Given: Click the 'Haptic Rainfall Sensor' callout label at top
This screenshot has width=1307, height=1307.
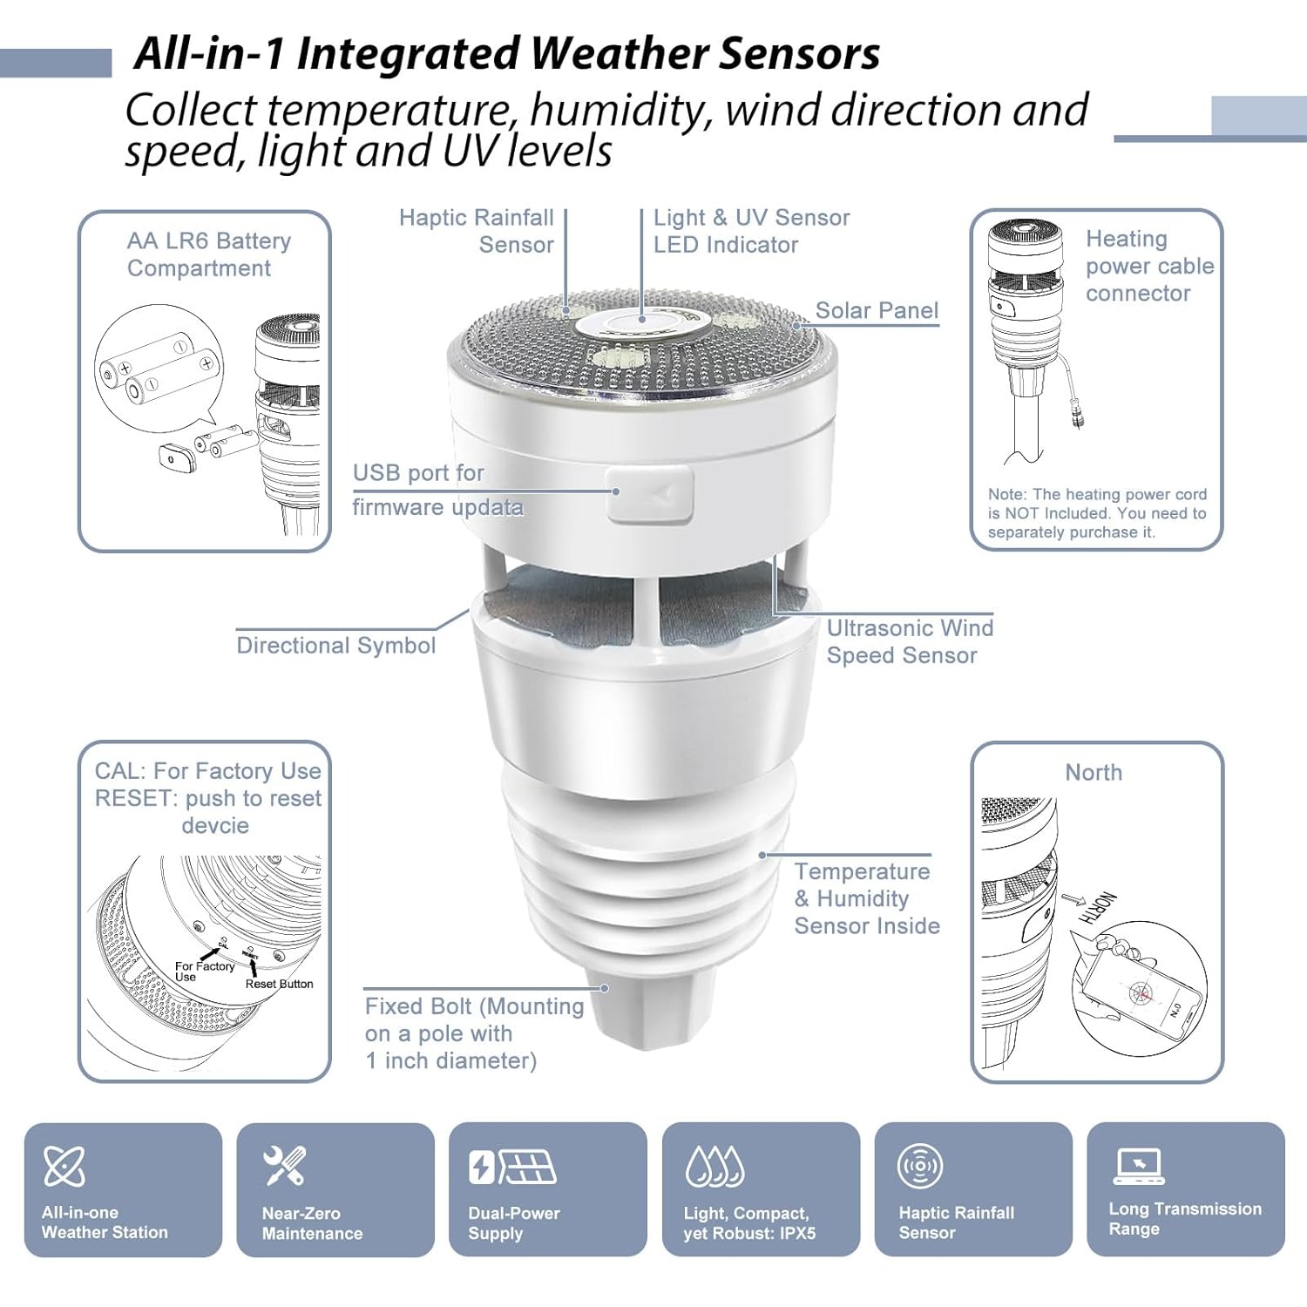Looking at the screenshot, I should click(477, 231).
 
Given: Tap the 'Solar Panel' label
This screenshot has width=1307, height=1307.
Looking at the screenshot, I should click(876, 310).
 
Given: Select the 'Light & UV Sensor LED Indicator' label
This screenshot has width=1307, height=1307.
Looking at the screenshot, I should click(750, 231).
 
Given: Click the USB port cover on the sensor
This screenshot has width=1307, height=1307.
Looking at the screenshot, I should click(650, 494).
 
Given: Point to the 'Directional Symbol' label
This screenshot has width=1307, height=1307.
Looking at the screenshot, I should click(335, 646).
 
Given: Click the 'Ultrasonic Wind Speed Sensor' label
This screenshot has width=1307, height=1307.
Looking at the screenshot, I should click(909, 641).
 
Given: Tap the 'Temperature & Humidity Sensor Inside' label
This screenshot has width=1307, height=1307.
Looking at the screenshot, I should click(866, 898).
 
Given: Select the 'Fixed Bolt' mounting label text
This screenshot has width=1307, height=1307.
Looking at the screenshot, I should click(473, 1033).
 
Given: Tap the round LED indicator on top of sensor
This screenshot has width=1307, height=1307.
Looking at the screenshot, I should click(642, 325).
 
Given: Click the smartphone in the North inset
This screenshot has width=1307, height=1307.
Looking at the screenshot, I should click(1141, 993).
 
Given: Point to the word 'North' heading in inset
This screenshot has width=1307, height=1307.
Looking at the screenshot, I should click(1094, 773).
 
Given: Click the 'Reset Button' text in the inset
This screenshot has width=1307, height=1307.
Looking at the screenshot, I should click(279, 984).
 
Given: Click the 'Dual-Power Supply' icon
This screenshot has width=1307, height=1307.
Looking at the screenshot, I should click(512, 1167).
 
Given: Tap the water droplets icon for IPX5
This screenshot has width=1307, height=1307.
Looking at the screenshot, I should click(714, 1167).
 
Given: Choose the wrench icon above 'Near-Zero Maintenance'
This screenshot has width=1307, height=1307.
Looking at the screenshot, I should click(284, 1166).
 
